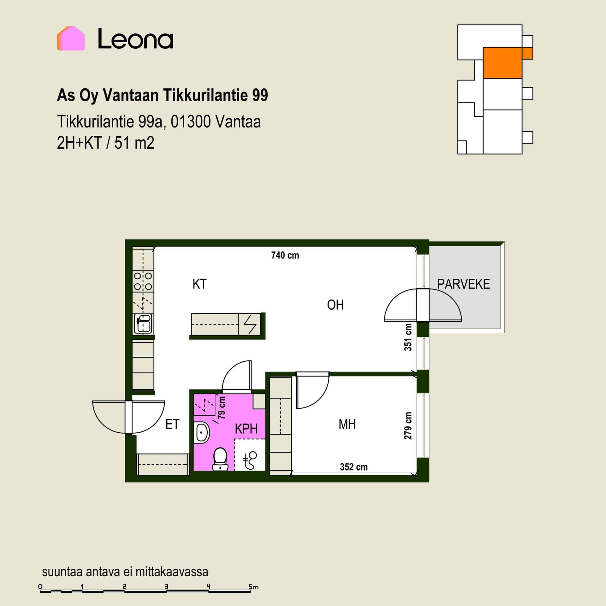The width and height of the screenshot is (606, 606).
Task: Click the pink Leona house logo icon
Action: click(71, 38)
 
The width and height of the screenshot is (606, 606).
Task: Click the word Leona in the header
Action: click(135, 39)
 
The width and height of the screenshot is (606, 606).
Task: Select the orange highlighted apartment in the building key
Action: click(502, 63)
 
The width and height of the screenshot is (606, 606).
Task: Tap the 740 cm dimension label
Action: click(285, 255)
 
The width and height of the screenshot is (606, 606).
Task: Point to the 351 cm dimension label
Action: click(408, 337)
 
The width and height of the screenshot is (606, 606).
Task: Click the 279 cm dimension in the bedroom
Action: click(408, 426)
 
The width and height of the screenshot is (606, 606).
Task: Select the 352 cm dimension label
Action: click(354, 467)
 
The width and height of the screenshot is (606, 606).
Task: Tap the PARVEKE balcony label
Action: click(464, 284)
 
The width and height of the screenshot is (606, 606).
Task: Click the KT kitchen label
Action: click(199, 284)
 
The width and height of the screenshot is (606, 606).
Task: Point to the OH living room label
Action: click(335, 305)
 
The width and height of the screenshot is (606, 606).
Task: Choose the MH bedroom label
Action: click(347, 424)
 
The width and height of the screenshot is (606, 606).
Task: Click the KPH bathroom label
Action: click(246, 429)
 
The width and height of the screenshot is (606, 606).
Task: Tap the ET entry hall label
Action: click(172, 424)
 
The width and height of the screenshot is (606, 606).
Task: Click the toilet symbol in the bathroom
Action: click(220, 459)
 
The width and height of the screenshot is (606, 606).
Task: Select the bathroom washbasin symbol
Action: click(202, 432)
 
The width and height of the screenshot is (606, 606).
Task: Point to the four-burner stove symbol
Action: click(143, 281)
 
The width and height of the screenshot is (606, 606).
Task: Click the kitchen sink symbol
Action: click(143, 324)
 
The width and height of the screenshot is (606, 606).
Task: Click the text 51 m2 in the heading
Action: click(134, 143)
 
